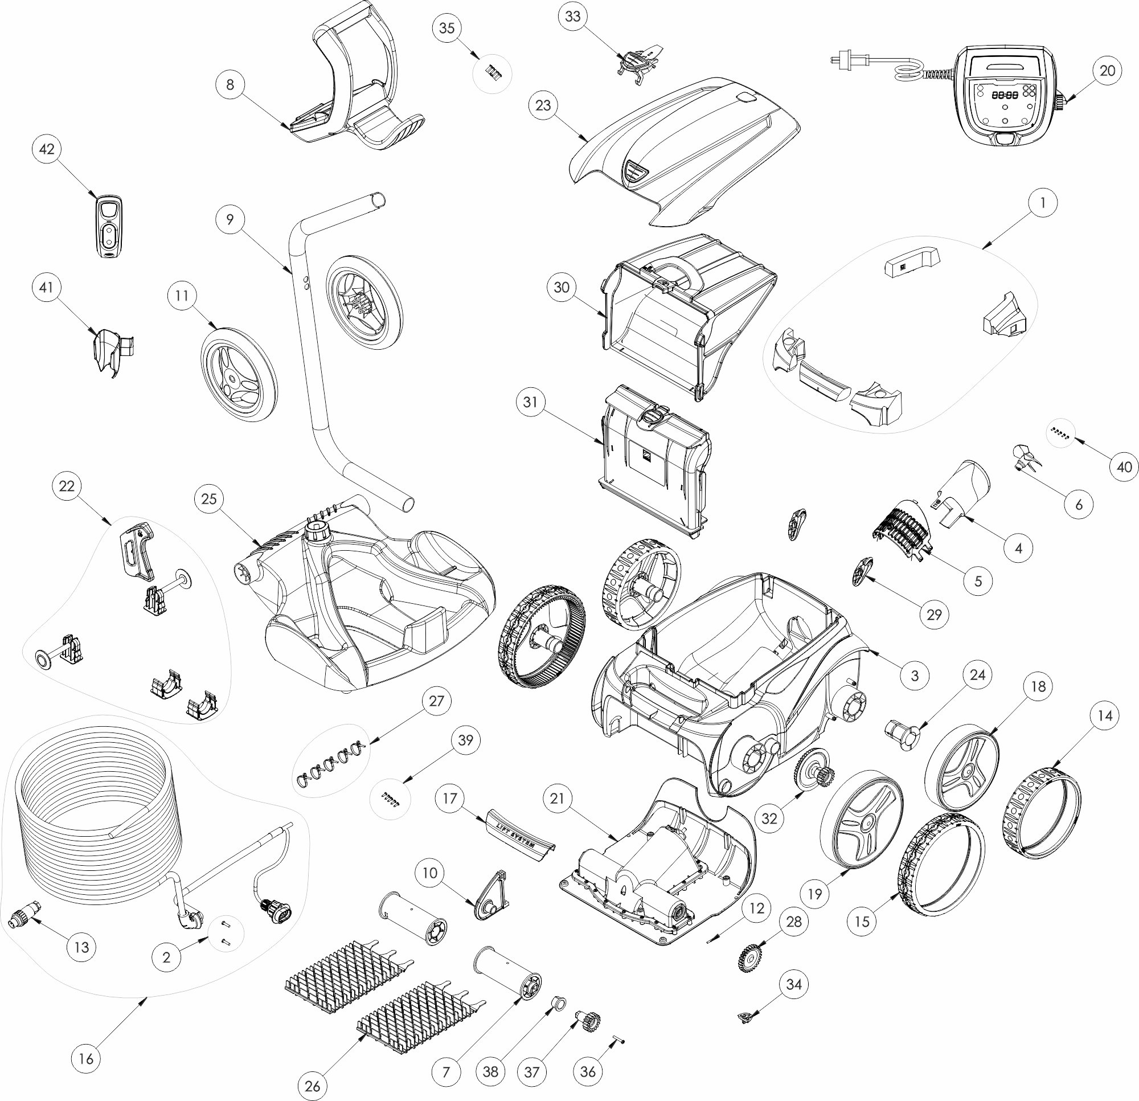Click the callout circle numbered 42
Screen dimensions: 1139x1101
[47, 149]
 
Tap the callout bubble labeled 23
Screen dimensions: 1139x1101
[543, 105]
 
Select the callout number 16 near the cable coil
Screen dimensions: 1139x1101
[85, 1058]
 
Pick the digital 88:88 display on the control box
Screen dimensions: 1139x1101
[1004, 95]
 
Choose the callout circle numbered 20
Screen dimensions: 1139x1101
[1108, 70]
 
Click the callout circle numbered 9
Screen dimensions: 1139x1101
[230, 219]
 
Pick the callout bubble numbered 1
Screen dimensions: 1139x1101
[1043, 203]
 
